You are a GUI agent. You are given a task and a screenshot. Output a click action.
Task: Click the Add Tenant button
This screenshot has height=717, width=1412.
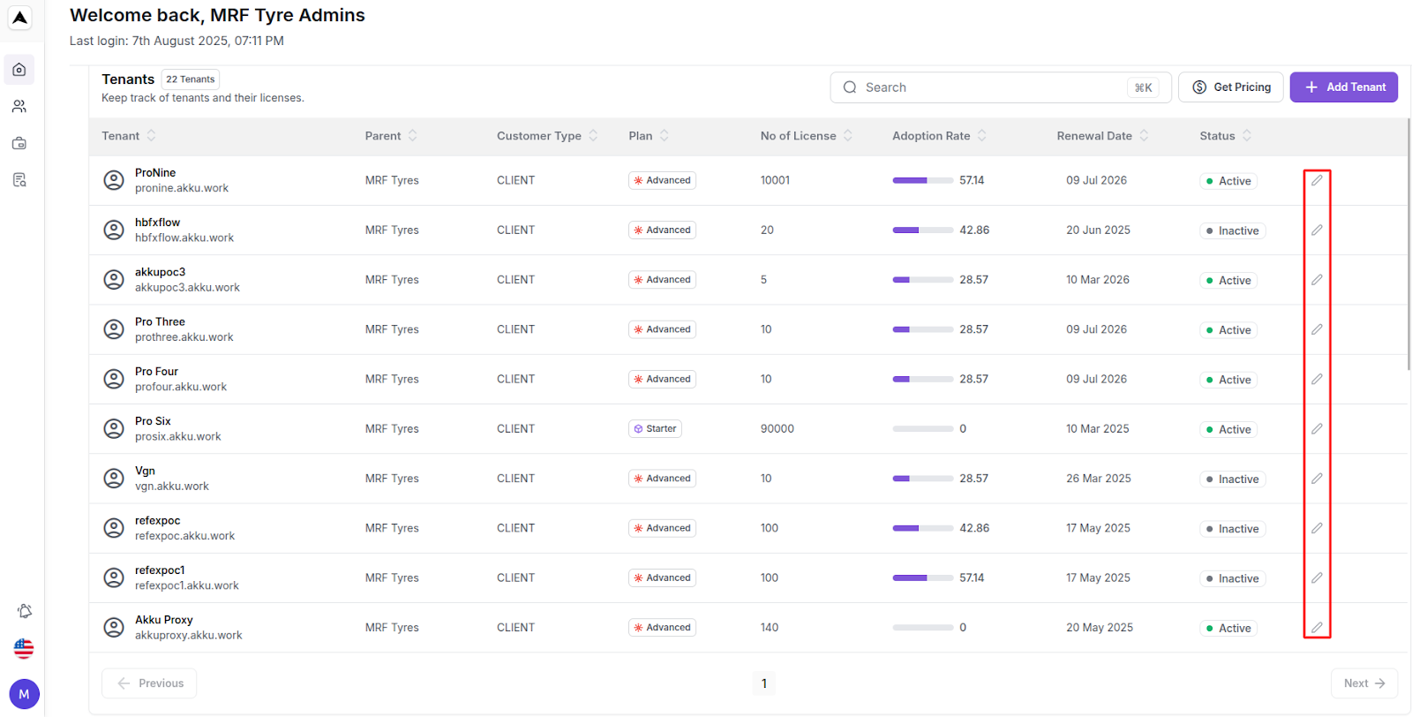pos(1343,87)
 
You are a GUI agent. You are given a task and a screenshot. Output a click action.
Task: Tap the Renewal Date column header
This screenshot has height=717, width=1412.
pos(1094,136)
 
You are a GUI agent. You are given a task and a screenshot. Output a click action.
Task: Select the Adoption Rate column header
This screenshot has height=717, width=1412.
pos(931,136)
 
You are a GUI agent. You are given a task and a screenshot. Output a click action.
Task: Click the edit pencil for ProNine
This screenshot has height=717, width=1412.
pos(1316,180)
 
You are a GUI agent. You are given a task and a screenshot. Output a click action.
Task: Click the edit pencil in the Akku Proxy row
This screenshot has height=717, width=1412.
pos(1316,628)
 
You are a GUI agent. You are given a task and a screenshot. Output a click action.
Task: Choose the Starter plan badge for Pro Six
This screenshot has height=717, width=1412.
pos(655,429)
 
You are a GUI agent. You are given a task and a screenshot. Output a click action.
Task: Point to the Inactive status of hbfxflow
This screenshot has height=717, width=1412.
pos(1233,230)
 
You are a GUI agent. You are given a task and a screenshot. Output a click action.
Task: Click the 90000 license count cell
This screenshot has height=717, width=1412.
pos(777,429)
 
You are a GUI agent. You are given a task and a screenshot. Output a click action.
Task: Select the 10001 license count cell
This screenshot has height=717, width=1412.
pos(775,180)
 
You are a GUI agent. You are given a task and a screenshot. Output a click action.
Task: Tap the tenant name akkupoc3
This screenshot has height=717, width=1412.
pos(161,272)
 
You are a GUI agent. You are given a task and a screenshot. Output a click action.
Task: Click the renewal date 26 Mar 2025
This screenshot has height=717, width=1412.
pos(1098,479)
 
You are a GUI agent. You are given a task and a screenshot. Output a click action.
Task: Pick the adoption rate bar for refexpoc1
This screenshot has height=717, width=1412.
pos(922,578)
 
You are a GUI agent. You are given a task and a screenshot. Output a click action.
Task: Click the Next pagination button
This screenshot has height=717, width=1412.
pos(1363,683)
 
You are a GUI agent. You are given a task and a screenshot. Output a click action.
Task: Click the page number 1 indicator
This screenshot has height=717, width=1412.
pos(764,683)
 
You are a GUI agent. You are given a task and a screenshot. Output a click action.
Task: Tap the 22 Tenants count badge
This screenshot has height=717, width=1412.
pos(191,79)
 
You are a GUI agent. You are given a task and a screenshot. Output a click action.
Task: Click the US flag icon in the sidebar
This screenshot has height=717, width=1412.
pos(24,649)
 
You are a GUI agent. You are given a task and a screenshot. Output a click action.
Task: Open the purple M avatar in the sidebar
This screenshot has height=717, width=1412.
pos(24,694)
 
